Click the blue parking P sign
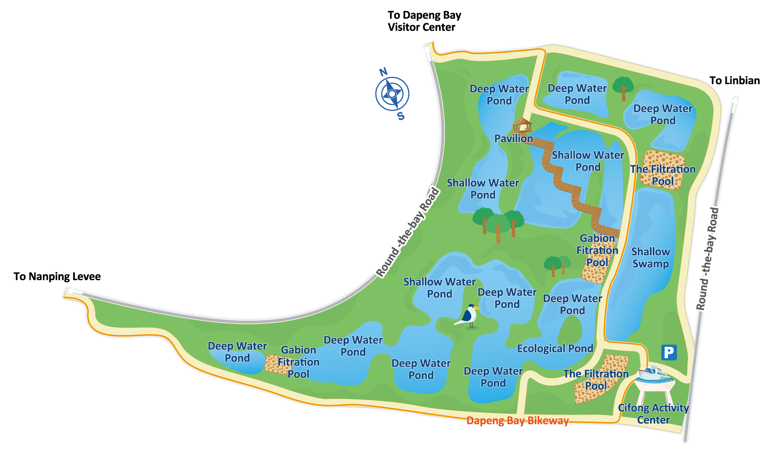[669, 352]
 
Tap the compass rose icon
[392, 94]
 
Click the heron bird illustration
[468, 317]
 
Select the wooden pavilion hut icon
[522, 125]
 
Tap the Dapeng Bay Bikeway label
[517, 421]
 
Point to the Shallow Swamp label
[651, 257]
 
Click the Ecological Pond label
[555, 348]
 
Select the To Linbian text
[734, 80]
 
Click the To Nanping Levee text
[57, 277]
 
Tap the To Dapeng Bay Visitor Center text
[424, 21]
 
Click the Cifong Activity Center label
[653, 414]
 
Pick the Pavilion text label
[513, 138]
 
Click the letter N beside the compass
[383, 72]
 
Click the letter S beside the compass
[401, 116]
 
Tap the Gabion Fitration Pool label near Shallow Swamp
[597, 250]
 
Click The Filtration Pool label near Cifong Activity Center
[596, 379]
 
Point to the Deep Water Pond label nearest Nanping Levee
[237, 352]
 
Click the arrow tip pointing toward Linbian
[735, 98]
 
